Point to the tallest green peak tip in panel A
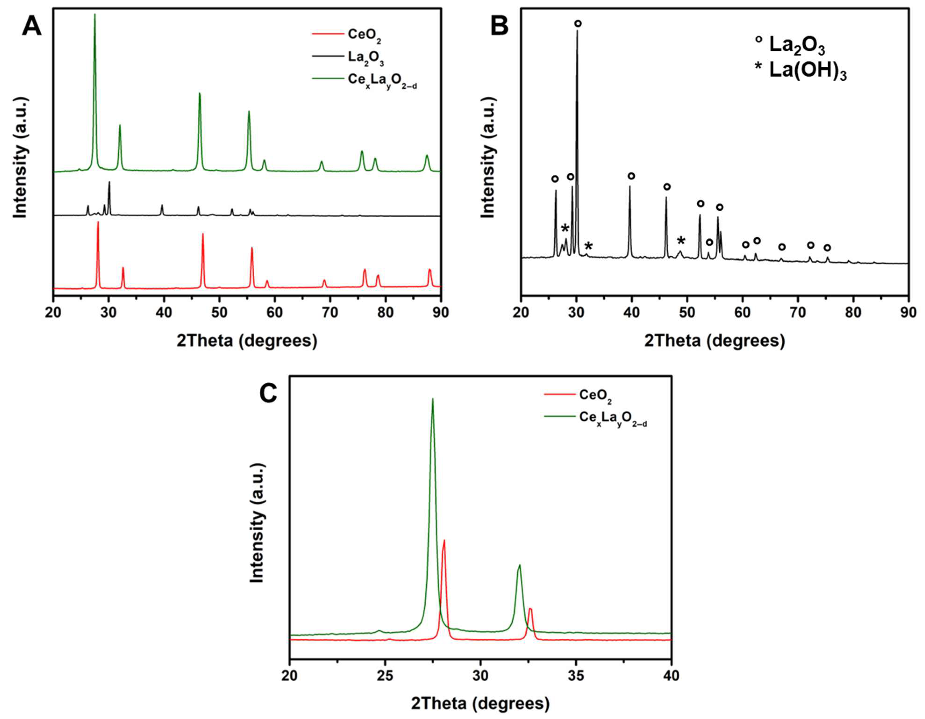click(94, 15)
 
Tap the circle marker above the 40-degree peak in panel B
click(631, 176)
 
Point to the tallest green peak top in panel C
click(432, 399)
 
